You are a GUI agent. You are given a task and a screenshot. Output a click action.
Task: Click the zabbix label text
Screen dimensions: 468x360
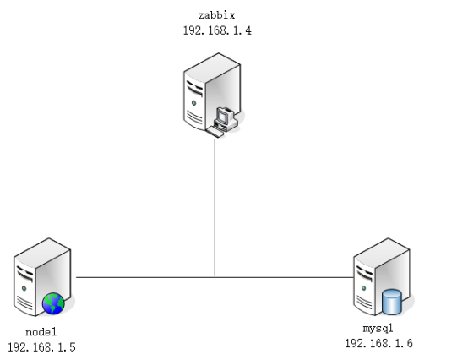click(x=217, y=15)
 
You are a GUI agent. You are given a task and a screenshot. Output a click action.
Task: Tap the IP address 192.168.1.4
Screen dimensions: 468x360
click(x=217, y=30)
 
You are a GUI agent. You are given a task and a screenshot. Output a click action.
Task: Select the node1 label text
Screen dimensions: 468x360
click(x=41, y=332)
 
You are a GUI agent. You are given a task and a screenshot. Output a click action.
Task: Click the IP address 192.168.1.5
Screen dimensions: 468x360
click(x=41, y=347)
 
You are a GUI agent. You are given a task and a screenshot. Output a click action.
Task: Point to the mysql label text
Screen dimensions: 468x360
click(x=378, y=329)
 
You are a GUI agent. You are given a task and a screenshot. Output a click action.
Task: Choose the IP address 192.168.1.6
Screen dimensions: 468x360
click(x=379, y=344)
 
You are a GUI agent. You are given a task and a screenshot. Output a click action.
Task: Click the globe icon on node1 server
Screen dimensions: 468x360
click(x=53, y=303)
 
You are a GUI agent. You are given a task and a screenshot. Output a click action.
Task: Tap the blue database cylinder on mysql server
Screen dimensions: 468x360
click(x=392, y=302)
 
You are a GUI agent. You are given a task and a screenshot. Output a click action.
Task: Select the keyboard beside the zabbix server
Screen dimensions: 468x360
click(x=215, y=132)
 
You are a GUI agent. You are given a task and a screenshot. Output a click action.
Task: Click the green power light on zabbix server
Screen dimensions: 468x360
click(x=194, y=103)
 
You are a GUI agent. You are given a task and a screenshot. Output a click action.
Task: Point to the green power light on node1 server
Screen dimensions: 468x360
click(x=24, y=288)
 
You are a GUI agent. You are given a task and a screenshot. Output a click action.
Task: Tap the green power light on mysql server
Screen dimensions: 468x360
click(x=363, y=288)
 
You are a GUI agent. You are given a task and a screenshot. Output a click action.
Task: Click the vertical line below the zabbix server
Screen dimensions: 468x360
click(x=215, y=208)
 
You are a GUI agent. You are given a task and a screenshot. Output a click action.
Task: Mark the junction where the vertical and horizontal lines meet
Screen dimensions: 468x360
click(x=215, y=277)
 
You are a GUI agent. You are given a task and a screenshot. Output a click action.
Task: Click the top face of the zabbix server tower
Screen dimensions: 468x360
click(x=213, y=68)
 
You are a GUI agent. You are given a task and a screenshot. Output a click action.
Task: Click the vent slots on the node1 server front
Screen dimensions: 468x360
click(x=24, y=302)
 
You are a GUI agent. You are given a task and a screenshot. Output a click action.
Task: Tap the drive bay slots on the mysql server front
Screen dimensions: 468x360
click(x=364, y=274)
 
